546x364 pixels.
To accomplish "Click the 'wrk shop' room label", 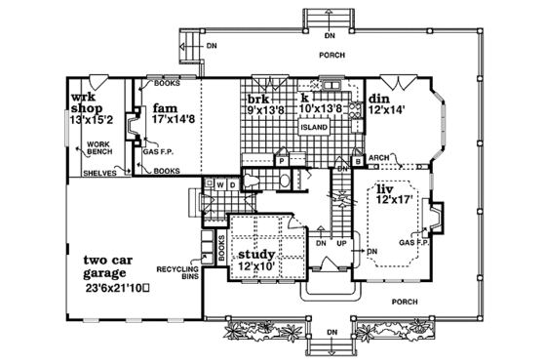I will pos(89,103).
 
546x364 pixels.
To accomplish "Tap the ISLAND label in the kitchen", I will pos(312,127).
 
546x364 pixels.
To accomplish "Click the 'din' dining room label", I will pos(381,100).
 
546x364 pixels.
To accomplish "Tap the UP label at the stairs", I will pos(341,243).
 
